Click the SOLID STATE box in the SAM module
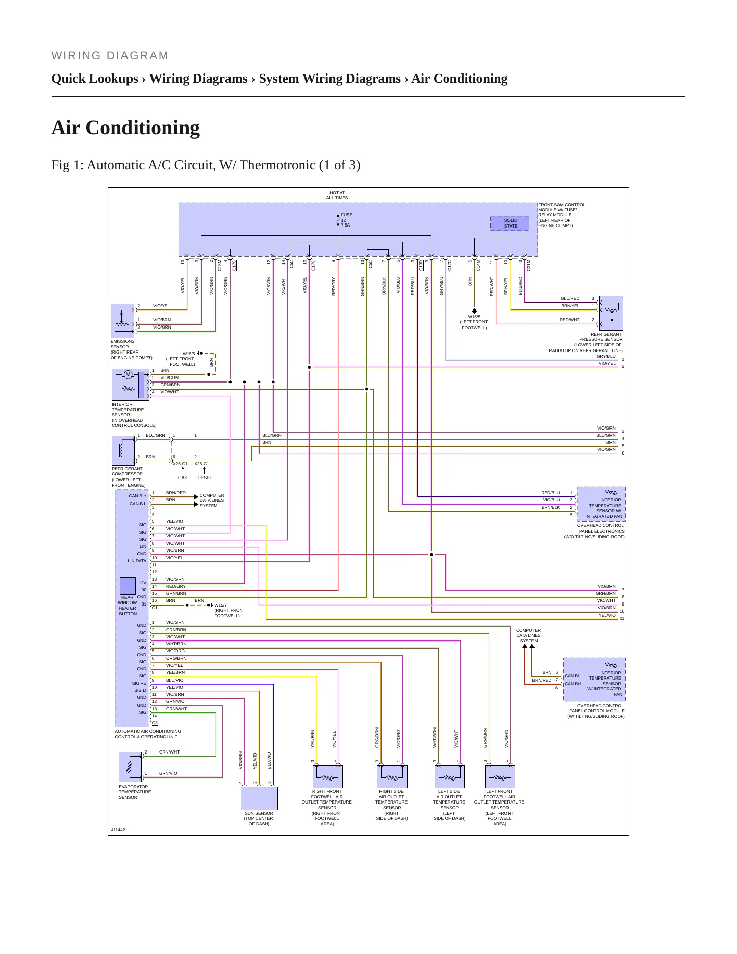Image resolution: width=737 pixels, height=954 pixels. (510, 223)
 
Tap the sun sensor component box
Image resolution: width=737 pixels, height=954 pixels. (259, 798)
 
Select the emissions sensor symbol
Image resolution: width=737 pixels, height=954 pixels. (122, 321)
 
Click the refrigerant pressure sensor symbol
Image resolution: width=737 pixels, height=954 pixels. (611, 313)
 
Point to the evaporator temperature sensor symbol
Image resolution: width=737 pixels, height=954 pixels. (131, 767)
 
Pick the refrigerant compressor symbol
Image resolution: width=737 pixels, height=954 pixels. (123, 450)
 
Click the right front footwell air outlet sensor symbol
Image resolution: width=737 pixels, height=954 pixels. (327, 776)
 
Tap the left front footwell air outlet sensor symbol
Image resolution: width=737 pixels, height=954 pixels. (500, 776)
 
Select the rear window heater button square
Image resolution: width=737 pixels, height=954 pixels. (128, 585)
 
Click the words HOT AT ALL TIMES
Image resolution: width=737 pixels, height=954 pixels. (337, 195)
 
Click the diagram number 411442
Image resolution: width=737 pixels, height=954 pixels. (118, 830)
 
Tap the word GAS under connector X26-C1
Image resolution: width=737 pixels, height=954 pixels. (183, 478)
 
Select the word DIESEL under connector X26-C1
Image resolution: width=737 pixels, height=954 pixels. (204, 478)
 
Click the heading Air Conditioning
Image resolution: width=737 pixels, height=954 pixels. (125, 128)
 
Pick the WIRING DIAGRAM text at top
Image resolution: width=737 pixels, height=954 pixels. (110, 56)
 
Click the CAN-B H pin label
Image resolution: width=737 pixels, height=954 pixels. (138, 496)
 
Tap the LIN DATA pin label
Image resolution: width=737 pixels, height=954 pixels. (137, 561)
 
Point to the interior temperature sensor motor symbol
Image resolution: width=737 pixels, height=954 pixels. (128, 375)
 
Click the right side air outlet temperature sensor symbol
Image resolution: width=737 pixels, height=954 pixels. (392, 776)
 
